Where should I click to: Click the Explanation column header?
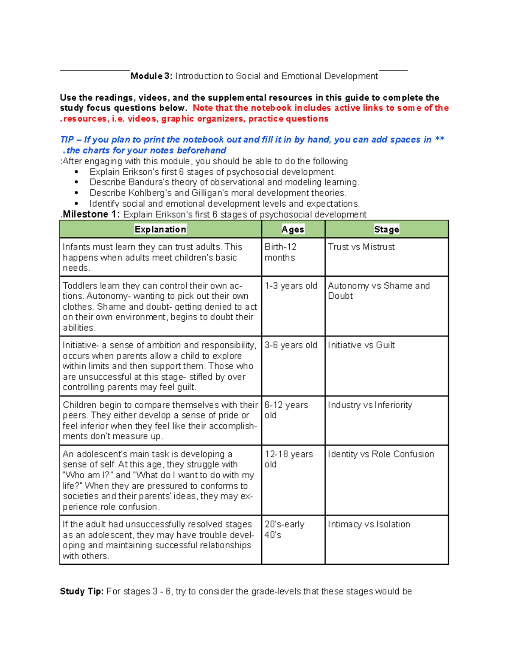pos(160,229)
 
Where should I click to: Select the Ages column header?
pos(293,229)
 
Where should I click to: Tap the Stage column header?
pos(386,229)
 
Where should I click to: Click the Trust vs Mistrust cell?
pos(361,247)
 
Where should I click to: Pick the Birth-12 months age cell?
pos(280,252)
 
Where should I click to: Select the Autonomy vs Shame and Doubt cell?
pos(379,291)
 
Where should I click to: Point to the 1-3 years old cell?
pos(291,286)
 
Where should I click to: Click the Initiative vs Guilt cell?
pos(361,345)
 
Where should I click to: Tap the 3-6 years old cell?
pos(291,345)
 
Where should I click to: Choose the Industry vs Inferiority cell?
pos(370,405)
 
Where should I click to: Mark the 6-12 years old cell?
pos(286,410)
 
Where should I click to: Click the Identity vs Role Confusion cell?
pos(381,454)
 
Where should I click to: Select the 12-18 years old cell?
pos(288,459)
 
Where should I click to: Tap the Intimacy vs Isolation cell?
pos(369,524)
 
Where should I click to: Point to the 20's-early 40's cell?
pos(284,529)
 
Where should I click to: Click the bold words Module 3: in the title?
pos(151,76)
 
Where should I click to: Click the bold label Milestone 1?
pos(91,214)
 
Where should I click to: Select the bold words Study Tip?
pos(81,591)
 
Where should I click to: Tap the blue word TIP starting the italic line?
pos(67,140)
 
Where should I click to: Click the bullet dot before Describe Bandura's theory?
pos(76,182)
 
